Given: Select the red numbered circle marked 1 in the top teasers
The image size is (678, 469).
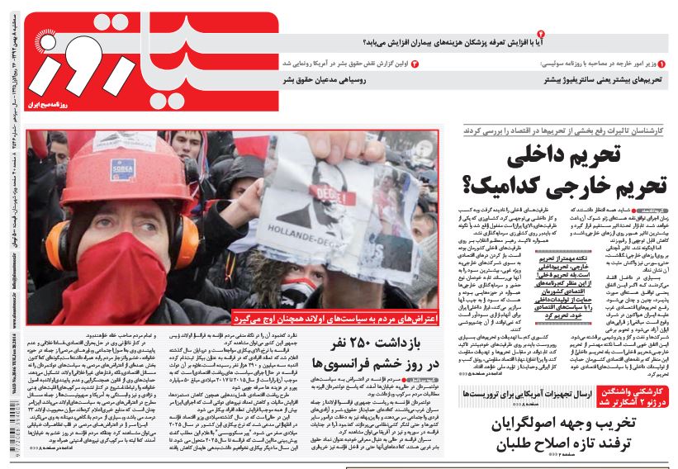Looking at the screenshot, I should pyautogui.click(x=661, y=64).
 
